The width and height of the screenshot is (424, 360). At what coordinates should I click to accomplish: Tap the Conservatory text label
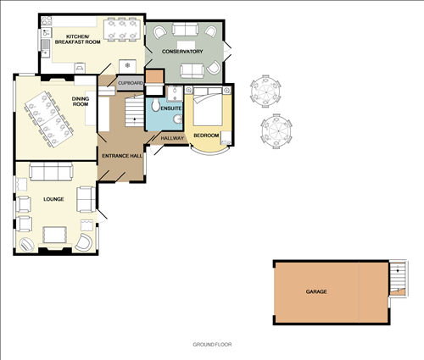(x=184, y=52)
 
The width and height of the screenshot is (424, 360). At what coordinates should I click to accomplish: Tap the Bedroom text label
(x=206, y=136)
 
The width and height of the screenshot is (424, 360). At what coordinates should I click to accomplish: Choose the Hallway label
(x=172, y=138)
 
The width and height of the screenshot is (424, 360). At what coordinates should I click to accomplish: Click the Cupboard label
(x=130, y=83)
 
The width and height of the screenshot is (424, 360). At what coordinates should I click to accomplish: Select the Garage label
(x=316, y=291)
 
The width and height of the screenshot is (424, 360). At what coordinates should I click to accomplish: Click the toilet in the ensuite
(x=155, y=108)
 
